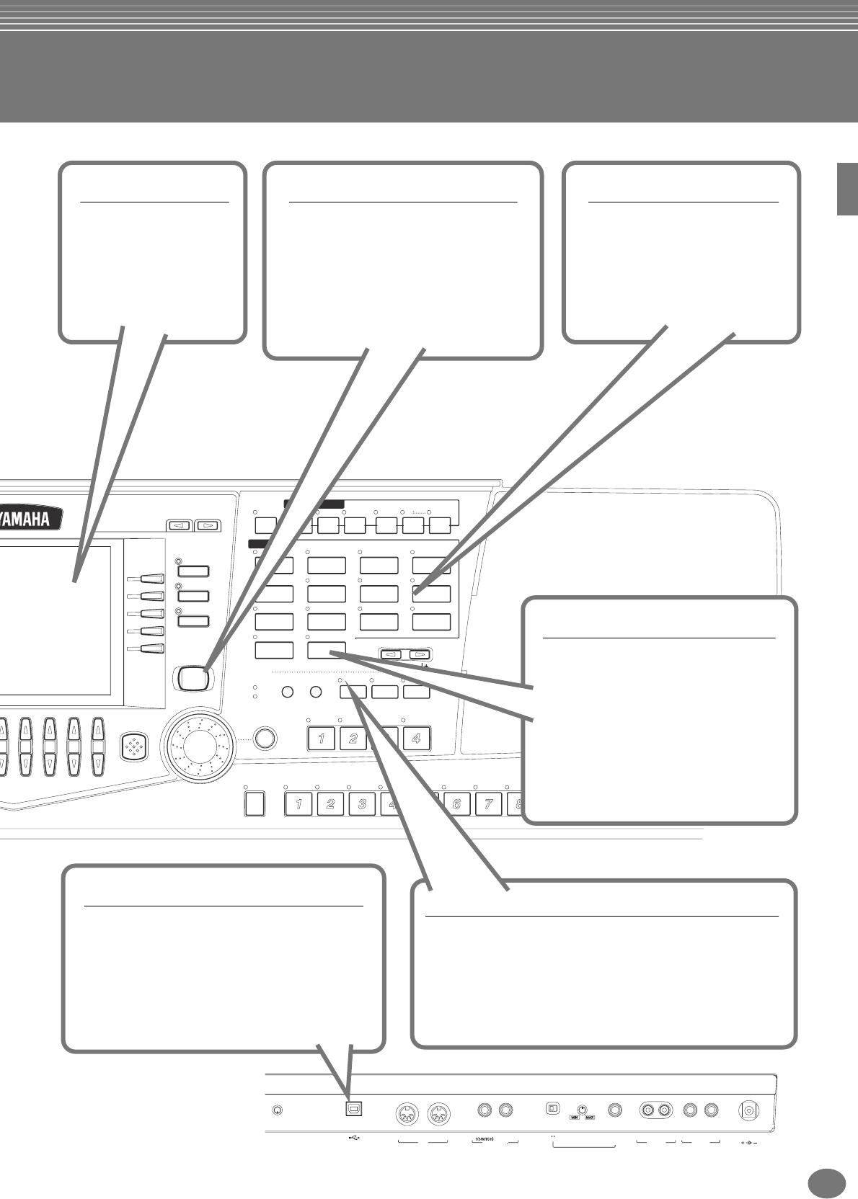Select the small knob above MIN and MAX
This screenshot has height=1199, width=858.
[x=582, y=1108]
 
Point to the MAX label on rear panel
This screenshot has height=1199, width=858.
[x=591, y=1118]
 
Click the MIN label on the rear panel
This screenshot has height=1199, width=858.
[x=575, y=1118]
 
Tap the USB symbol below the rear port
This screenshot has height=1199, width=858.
[x=354, y=1138]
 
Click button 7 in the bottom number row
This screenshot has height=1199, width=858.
[x=489, y=803]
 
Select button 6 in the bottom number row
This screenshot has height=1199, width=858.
[x=457, y=803]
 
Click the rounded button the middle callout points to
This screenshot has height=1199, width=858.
[x=191, y=677]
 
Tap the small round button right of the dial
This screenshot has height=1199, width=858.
[x=265, y=738]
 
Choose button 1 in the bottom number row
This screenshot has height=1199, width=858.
[x=298, y=803]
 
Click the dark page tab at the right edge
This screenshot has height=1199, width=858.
[x=847, y=189]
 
